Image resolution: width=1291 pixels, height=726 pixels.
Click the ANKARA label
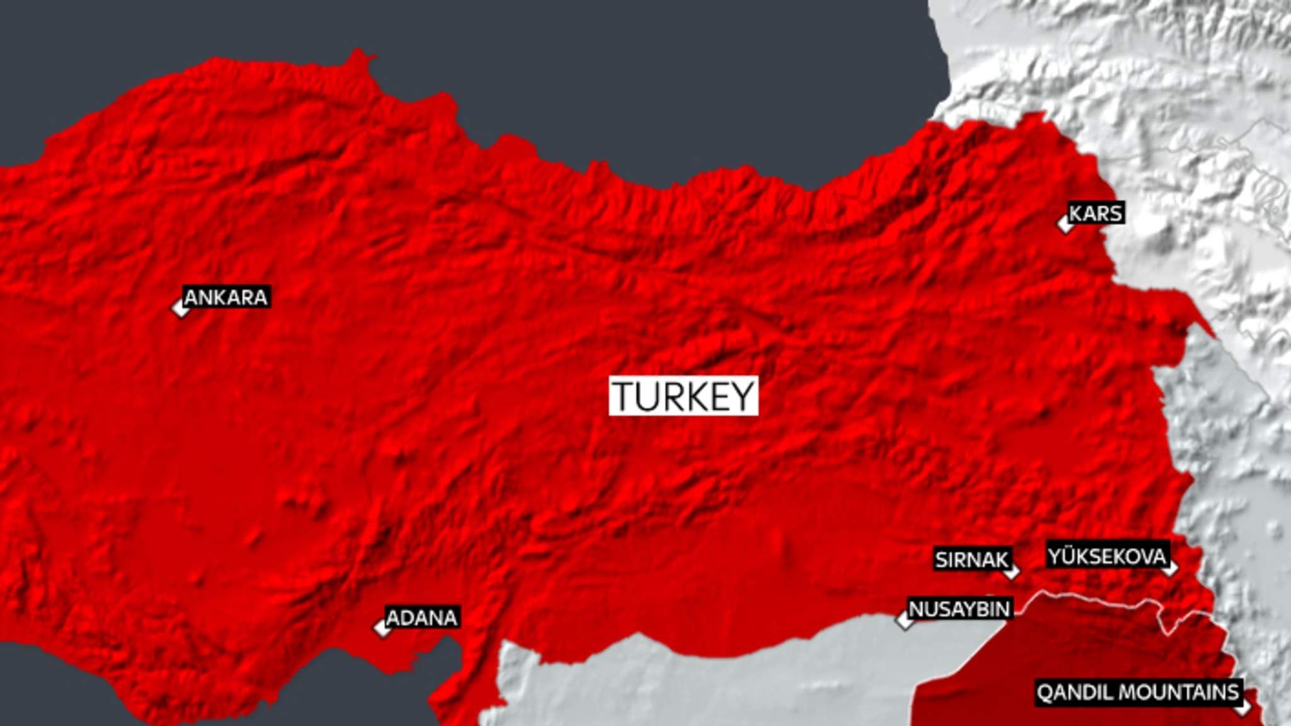click(x=226, y=297)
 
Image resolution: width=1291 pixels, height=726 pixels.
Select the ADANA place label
click(x=421, y=618)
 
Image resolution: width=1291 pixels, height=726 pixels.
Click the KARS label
click(x=1096, y=214)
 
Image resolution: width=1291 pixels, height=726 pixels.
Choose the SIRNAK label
click(x=971, y=560)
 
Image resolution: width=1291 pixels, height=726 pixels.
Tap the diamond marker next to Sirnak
click(x=1011, y=572)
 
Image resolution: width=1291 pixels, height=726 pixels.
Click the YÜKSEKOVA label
click(x=1107, y=556)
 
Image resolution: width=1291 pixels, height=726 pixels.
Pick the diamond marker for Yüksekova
click(x=1170, y=568)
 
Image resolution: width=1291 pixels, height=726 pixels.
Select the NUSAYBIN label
click(x=959, y=609)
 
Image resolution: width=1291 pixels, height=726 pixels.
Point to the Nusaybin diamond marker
click(x=906, y=620)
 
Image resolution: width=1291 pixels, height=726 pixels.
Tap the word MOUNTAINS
click(x=1181, y=693)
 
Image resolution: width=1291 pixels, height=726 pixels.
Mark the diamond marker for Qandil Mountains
click(x=1242, y=706)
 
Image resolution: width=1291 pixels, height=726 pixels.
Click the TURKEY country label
click(x=683, y=396)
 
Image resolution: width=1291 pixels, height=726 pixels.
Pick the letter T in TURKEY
click(x=627, y=396)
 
